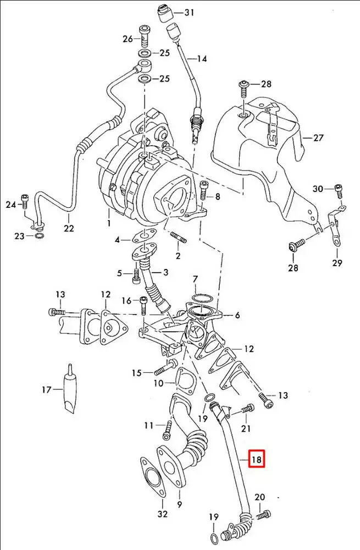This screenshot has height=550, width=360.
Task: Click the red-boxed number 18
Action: pos(257,459)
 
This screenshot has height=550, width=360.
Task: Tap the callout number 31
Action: pos(189,12)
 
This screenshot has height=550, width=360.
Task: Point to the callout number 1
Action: pos(109,223)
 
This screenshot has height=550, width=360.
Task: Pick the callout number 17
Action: pos(46,390)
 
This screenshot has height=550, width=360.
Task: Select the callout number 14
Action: pos(202,58)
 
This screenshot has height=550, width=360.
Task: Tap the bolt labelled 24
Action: pos(24,201)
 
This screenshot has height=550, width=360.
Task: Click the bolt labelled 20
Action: pos(264,515)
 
